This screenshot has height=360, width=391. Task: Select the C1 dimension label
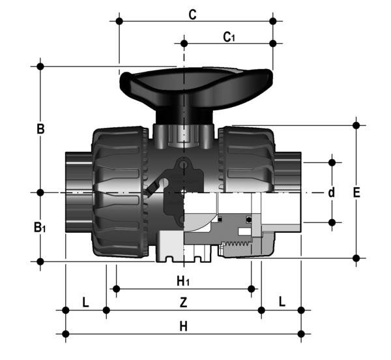click(229, 37)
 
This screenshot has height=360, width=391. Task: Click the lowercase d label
click(332, 192)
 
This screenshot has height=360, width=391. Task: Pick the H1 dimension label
click(184, 281)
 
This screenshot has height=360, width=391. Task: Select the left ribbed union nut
click(119, 192)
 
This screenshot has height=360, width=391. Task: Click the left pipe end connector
click(78, 192)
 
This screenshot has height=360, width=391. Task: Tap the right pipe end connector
click(290, 192)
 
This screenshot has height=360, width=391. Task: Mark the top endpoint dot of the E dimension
click(356, 124)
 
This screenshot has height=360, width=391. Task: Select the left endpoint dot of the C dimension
click(119, 21)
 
